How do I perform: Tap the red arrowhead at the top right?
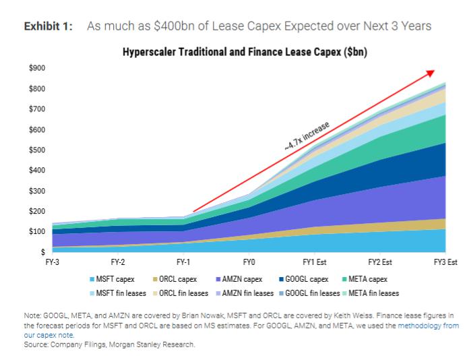[431, 72]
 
